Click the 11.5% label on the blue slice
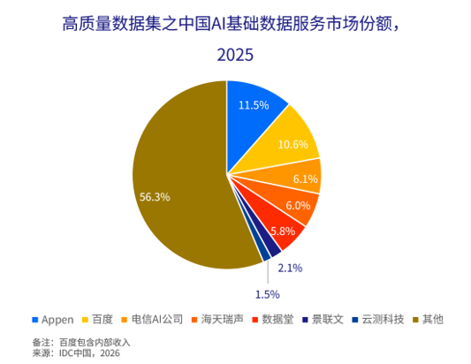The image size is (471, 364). pos(254,105)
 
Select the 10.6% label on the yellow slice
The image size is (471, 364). pos(292,145)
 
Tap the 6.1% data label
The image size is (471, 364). pos(306,179)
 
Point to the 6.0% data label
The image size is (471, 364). pos(298,206)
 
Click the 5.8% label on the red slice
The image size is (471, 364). pos(283,231)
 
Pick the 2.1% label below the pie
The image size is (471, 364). pos(290,268)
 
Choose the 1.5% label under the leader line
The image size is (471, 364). pos(268,294)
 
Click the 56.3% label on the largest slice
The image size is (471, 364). pos(155,197)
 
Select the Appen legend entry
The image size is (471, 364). pos(53,320)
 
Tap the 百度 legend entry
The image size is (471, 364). pos(97,319)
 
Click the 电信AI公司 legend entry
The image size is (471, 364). pos(152,319)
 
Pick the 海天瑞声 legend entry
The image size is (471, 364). pos(217,319)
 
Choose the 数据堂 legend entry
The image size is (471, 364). pos(273,319)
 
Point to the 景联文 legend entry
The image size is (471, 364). pos(323,319)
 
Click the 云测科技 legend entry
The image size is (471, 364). pos(378,319)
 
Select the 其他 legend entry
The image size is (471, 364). pos(429,319)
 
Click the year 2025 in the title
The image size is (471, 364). pos(235,55)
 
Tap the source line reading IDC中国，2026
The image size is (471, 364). pos(76,353)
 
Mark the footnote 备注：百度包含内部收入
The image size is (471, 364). pos(81,343)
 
